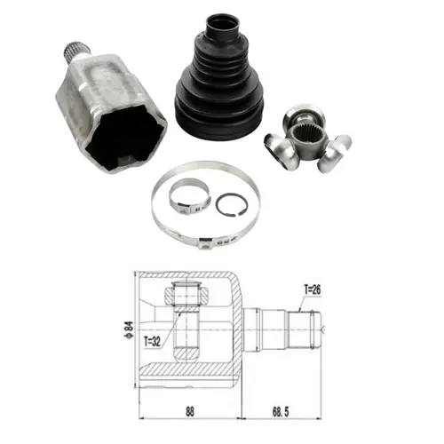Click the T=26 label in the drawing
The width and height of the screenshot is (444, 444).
tap(313, 289)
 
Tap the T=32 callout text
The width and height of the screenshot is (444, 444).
tap(152, 342)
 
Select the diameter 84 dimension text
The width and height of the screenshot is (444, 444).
tap(130, 329)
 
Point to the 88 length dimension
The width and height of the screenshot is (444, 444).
tap(190, 412)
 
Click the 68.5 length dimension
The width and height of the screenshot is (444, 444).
tap(281, 412)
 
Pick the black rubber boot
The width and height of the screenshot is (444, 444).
tap(219, 78)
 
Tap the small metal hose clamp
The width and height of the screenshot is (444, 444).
tap(189, 196)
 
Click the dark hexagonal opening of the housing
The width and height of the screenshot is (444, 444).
tap(126, 138)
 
